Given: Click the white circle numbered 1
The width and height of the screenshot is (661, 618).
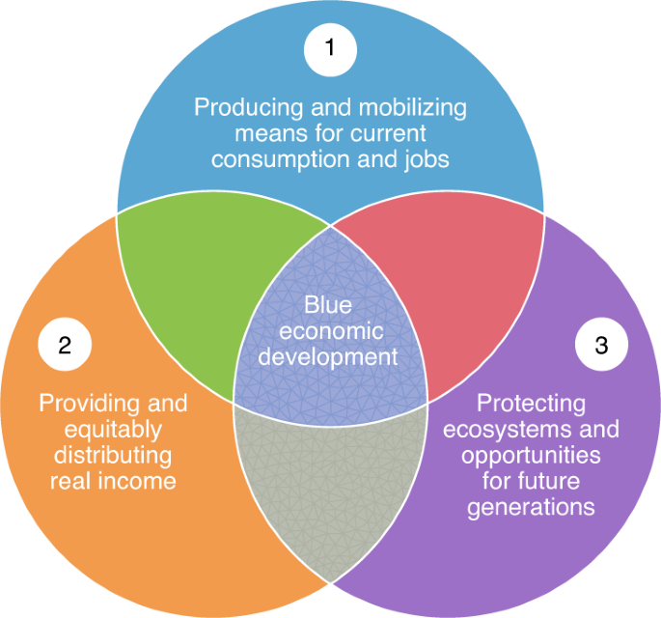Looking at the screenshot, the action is (330, 50).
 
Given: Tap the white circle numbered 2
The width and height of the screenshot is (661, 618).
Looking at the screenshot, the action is (65, 344).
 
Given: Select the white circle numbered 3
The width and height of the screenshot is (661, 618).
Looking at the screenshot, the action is (601, 344).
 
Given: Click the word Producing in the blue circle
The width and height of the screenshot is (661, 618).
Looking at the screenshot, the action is (249, 108).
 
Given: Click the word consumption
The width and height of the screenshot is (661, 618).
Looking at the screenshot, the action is (281, 160).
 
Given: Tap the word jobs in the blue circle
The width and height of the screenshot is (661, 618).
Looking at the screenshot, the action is (427, 160).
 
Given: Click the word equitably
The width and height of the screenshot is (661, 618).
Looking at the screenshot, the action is (113, 431).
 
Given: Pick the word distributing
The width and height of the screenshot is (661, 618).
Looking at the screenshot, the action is (113, 456).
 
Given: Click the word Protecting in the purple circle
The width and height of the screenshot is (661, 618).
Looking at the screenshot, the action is (531, 405).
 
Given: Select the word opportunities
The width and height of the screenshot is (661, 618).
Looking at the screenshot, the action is (531, 457).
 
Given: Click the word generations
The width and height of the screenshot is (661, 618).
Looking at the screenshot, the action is (531, 508).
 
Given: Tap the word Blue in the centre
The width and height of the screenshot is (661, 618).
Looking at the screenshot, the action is (328, 304).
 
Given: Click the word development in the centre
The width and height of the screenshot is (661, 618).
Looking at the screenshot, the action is (328, 357).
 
